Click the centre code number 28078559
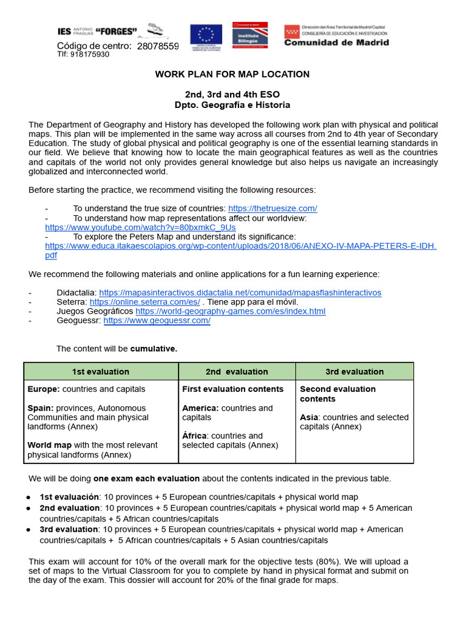coord(158,46)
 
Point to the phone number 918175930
coord(90,54)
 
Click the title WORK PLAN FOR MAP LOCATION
coord(232,74)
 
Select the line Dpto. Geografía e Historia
coord(232,105)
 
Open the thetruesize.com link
coord(272,208)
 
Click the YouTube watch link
coord(140,227)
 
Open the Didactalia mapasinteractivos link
coord(240,292)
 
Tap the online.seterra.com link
coord(145,301)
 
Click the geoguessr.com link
coord(157,320)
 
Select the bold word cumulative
coord(154,349)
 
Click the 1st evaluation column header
coord(101,371)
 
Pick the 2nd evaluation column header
coord(237,371)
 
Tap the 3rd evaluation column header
coord(354,371)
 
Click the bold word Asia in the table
coord(309,417)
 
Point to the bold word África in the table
coord(194,435)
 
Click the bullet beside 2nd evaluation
coord(29,508)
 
